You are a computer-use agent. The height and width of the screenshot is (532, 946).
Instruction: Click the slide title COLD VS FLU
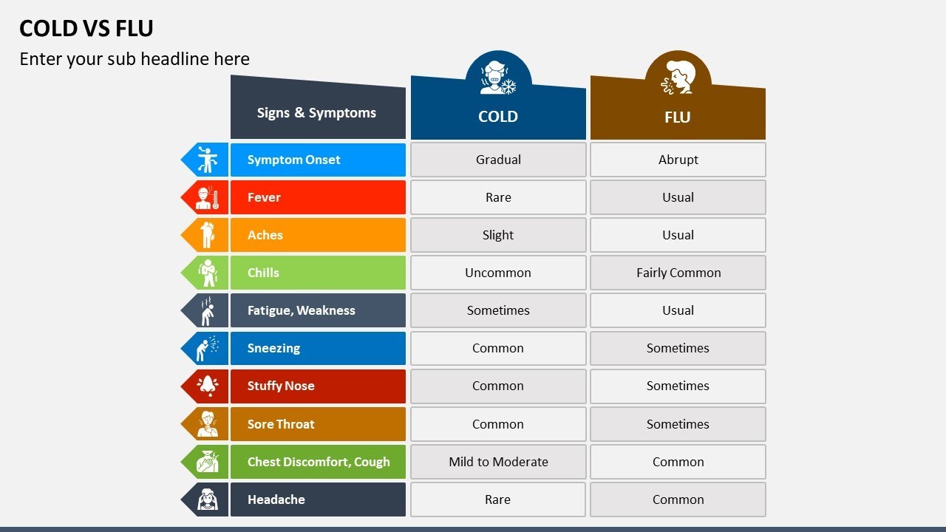pos(86,28)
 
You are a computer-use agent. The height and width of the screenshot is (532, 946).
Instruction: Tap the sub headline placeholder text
pos(135,59)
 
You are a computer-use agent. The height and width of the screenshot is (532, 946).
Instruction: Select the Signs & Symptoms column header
pos(316,113)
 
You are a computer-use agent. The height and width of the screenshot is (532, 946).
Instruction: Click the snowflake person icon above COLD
pos(498,78)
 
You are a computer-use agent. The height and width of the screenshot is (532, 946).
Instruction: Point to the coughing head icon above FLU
pos(678,78)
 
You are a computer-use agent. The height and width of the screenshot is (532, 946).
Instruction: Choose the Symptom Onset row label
pos(294,160)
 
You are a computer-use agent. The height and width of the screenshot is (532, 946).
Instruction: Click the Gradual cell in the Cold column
pos(498,160)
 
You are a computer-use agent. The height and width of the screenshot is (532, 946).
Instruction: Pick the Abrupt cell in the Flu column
pos(678,160)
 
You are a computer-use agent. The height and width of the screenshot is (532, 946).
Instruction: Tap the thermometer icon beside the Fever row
pos(206,197)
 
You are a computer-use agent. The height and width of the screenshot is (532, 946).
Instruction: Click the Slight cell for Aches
pos(498,235)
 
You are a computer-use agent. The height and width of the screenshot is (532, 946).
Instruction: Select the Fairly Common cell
pos(678,273)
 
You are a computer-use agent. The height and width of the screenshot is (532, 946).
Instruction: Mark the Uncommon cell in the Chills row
pos(498,273)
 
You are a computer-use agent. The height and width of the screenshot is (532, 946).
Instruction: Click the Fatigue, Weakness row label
pos(301,310)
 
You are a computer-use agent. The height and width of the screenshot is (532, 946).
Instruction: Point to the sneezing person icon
pos(206,348)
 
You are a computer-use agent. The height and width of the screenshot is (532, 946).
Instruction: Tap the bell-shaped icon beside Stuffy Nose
pos(206,386)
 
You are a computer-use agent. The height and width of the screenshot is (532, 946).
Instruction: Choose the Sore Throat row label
pos(281,424)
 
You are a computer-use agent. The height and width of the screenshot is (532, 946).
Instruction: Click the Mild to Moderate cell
pos(498,462)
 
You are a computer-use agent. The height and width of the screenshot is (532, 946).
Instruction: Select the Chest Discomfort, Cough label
pos(319,462)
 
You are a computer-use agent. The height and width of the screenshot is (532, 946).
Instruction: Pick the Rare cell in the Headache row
pos(498,499)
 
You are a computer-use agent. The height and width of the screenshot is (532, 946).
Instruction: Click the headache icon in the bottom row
pos(206,499)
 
